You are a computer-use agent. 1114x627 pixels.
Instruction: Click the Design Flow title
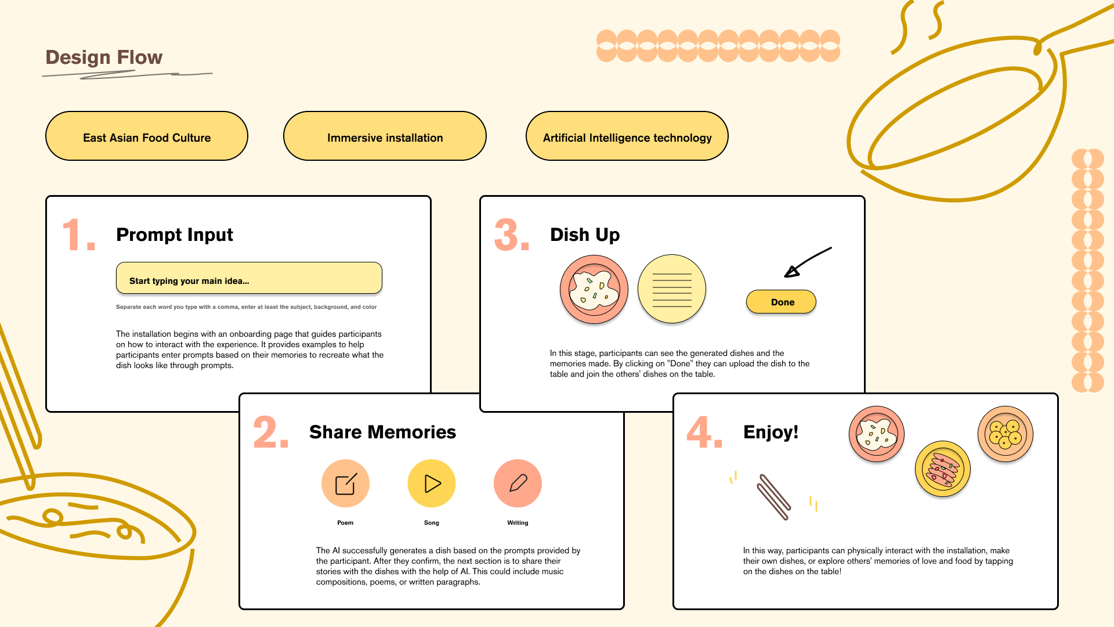coord(104,57)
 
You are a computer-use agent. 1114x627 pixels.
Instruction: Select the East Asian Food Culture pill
coord(147,136)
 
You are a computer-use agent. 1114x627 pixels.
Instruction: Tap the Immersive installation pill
coord(385,136)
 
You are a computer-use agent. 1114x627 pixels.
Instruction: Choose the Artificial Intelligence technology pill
coord(627,136)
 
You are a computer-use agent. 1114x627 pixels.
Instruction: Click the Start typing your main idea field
coord(249,278)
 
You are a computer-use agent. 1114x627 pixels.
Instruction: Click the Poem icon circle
coord(345,484)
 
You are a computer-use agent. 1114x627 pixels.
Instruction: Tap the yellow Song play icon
coord(432,484)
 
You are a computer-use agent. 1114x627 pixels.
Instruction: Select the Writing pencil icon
coord(518,484)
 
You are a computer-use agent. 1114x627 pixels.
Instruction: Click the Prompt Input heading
coord(175,235)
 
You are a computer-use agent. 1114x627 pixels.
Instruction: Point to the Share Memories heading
coord(382,432)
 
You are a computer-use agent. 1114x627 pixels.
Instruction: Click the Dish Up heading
coord(585,235)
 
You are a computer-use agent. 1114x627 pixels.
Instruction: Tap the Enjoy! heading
coord(771,432)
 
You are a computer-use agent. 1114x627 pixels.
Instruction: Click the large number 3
coord(511,235)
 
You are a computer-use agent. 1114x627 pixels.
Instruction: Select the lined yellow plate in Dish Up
coord(672,289)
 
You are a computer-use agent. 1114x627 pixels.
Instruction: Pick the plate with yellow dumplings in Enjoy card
coord(1006,434)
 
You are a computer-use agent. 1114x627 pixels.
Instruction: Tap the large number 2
coord(270,433)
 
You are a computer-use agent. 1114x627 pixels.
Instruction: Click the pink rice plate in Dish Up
coord(594,289)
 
